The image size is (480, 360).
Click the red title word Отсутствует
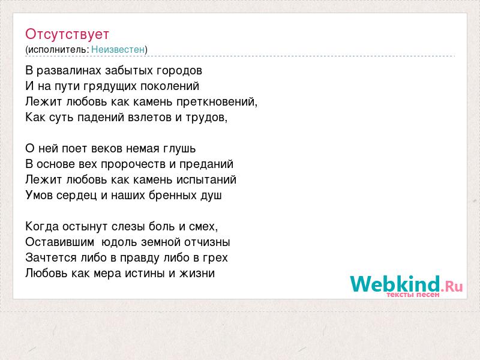[x=67, y=34]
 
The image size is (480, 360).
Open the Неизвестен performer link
[x=118, y=49]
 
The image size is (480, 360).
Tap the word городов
[x=179, y=71]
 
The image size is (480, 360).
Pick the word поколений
[x=170, y=86]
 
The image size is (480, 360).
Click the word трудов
[x=206, y=118]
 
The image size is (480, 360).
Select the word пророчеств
[x=133, y=164]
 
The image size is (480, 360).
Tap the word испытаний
[x=206, y=180]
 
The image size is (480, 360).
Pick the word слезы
[x=128, y=227]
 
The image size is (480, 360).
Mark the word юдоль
[x=119, y=242]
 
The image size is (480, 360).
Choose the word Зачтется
[x=51, y=258]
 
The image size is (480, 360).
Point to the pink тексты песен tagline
[x=413, y=295]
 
